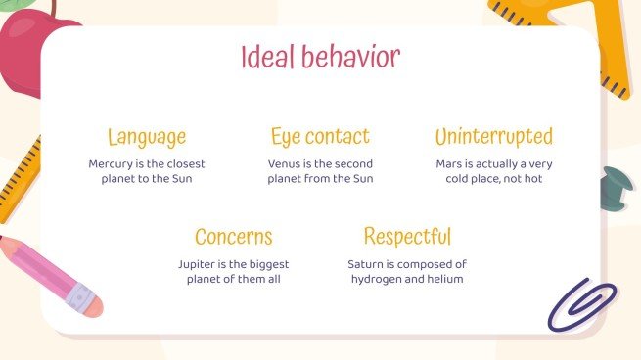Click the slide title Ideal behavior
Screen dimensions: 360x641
tap(320, 57)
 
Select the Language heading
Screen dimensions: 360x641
tap(147, 137)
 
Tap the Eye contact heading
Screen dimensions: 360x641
tap(320, 137)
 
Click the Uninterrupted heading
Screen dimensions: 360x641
tap(493, 137)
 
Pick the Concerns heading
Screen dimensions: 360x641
tap(233, 237)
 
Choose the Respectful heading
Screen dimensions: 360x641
tap(407, 237)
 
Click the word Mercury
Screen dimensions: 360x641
tap(111, 164)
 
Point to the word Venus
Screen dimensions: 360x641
tap(285, 164)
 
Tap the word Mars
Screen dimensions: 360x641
tap(450, 164)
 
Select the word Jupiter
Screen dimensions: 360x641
tap(199, 264)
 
